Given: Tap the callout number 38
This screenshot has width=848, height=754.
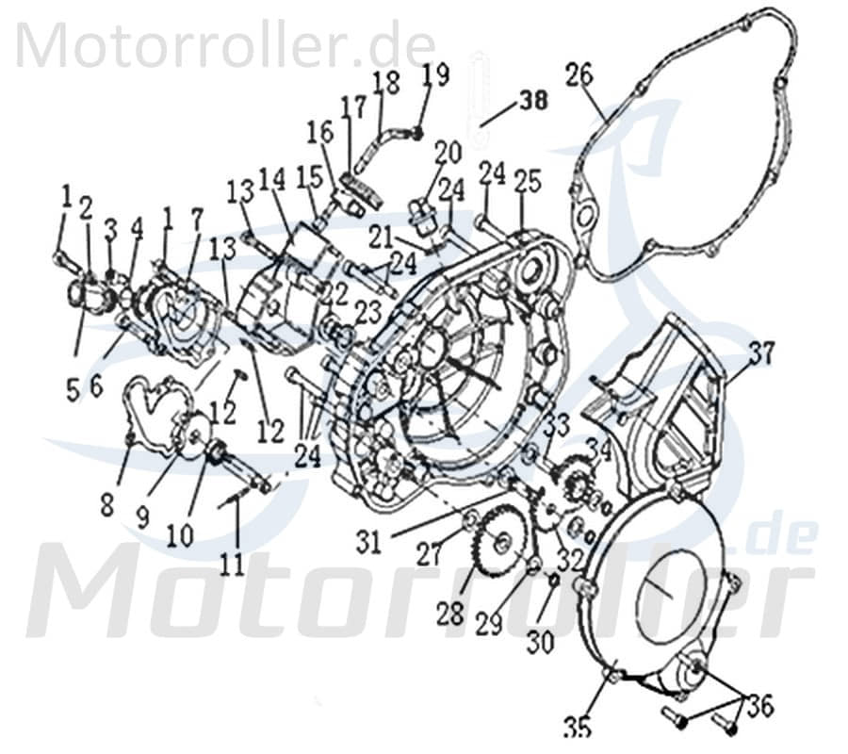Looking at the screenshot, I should (x=533, y=101).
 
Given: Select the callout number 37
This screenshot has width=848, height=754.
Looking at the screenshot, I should (x=760, y=353).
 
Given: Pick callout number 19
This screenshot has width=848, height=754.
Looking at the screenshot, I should (x=435, y=73).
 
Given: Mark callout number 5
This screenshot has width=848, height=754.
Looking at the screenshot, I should (x=73, y=389).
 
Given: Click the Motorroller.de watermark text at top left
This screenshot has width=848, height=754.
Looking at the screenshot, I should (x=225, y=44).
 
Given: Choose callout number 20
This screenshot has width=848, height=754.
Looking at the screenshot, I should (x=448, y=151).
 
